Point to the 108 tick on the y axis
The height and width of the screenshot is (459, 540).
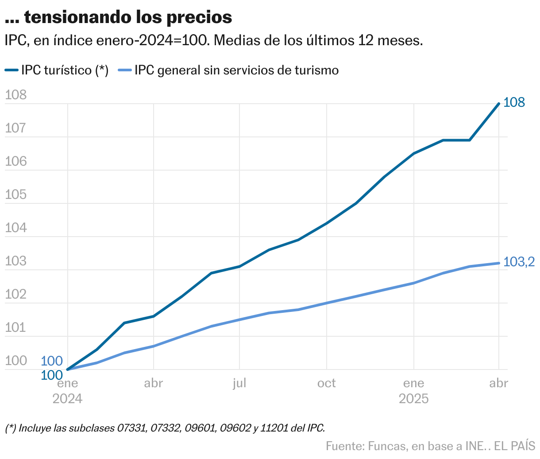click(15, 95)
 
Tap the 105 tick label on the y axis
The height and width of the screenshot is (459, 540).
click(15, 194)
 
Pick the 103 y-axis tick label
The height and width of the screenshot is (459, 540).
click(15, 261)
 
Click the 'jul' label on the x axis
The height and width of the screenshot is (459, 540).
click(239, 383)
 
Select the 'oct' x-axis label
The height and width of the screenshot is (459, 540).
click(327, 383)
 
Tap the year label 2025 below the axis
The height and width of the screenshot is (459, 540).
click(413, 399)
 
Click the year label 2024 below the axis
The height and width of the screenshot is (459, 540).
click(67, 399)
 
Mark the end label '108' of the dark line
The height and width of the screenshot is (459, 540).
click(514, 102)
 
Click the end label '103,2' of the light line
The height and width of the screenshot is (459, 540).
click(519, 262)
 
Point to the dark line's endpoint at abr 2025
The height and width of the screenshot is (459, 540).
click(499, 104)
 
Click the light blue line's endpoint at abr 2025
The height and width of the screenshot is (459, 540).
click(499, 263)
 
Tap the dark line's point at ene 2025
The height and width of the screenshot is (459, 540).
click(413, 153)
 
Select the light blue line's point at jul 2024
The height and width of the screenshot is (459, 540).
click(239, 319)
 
